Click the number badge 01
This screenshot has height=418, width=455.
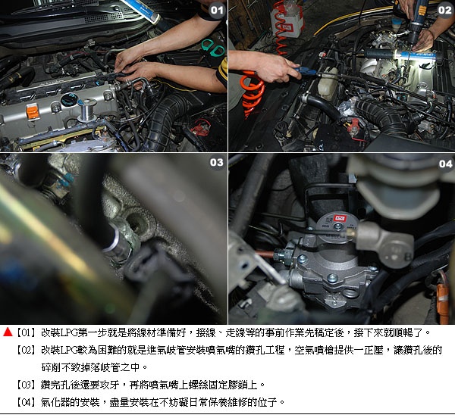[217, 11]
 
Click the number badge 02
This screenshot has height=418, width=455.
[445, 11]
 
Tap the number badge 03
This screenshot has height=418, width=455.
[217, 163]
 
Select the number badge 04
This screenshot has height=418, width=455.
[445, 164]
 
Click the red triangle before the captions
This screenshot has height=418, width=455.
[8, 332]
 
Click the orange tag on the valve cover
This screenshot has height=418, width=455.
[33, 112]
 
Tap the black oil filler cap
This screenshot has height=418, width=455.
[69, 100]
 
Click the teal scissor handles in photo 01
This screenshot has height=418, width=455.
[214, 47]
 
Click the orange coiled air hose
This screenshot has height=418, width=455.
[253, 92]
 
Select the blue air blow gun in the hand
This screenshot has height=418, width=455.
[305, 71]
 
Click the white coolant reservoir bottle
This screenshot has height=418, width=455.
[328, 83]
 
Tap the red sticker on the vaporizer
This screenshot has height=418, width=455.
[338, 218]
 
